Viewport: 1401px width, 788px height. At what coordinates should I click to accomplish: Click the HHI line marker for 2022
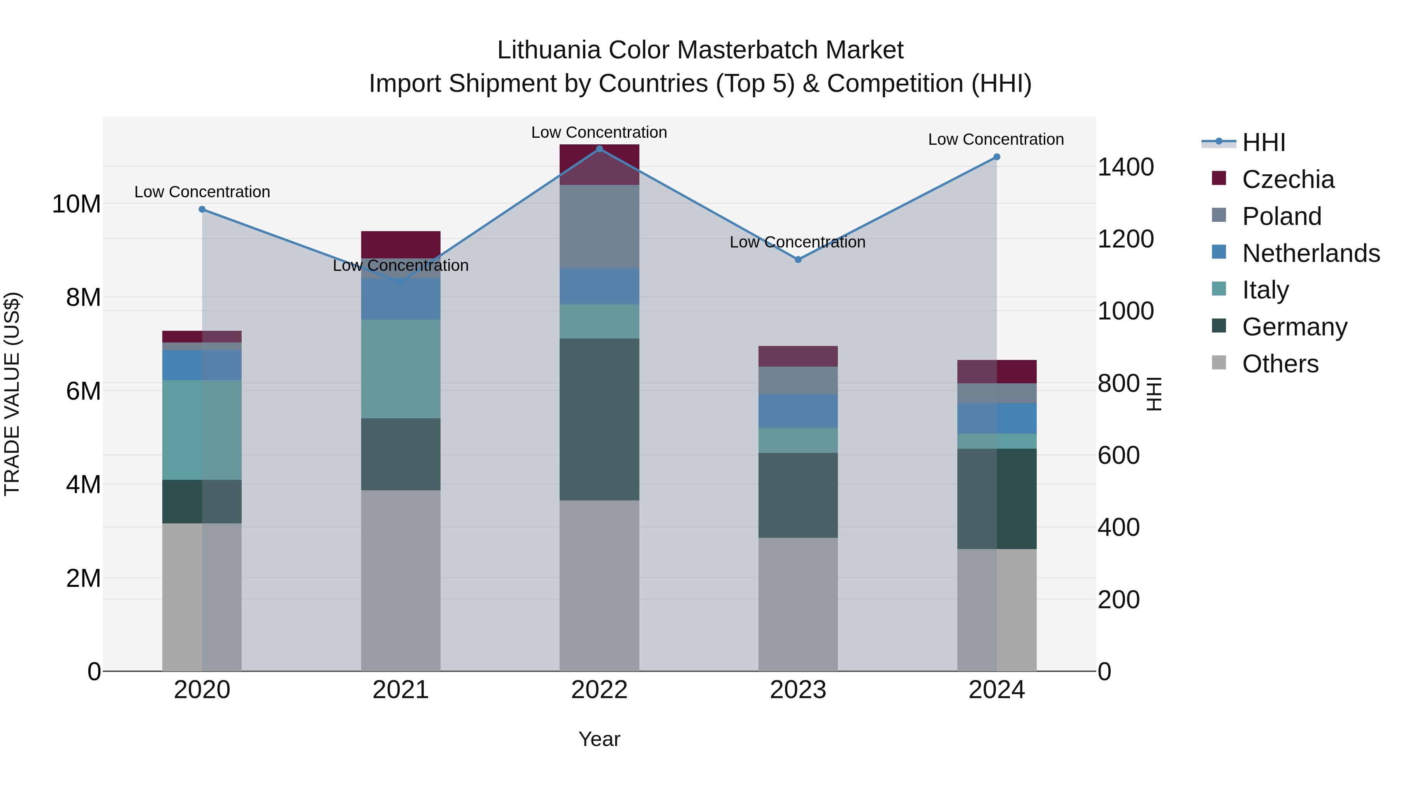click(599, 149)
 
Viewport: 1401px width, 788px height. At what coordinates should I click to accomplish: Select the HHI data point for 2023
click(798, 260)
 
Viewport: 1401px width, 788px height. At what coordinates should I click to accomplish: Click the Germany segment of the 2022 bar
click(599, 419)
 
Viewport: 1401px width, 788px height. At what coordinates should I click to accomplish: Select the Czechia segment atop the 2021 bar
click(401, 244)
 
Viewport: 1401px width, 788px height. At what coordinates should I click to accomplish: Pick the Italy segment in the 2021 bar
click(401, 369)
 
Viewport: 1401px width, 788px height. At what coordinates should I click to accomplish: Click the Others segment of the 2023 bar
click(798, 604)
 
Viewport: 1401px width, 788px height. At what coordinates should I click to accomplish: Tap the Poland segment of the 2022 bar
click(599, 226)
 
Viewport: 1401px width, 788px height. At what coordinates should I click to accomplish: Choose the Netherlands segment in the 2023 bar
click(798, 411)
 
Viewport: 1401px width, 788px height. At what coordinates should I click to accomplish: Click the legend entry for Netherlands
click(1311, 253)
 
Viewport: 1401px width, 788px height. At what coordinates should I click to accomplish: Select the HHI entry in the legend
click(1263, 142)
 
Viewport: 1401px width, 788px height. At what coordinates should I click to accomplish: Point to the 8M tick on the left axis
click(83, 297)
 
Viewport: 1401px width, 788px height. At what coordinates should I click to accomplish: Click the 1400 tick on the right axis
click(1125, 167)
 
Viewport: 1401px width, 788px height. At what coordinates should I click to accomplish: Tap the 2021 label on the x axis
click(401, 690)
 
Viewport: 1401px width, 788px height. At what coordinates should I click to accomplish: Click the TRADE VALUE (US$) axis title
click(12, 394)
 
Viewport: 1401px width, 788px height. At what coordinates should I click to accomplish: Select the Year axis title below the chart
click(599, 739)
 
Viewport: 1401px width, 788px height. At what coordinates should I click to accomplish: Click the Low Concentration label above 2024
click(996, 139)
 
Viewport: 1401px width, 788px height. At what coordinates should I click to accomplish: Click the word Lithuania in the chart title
click(549, 50)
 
